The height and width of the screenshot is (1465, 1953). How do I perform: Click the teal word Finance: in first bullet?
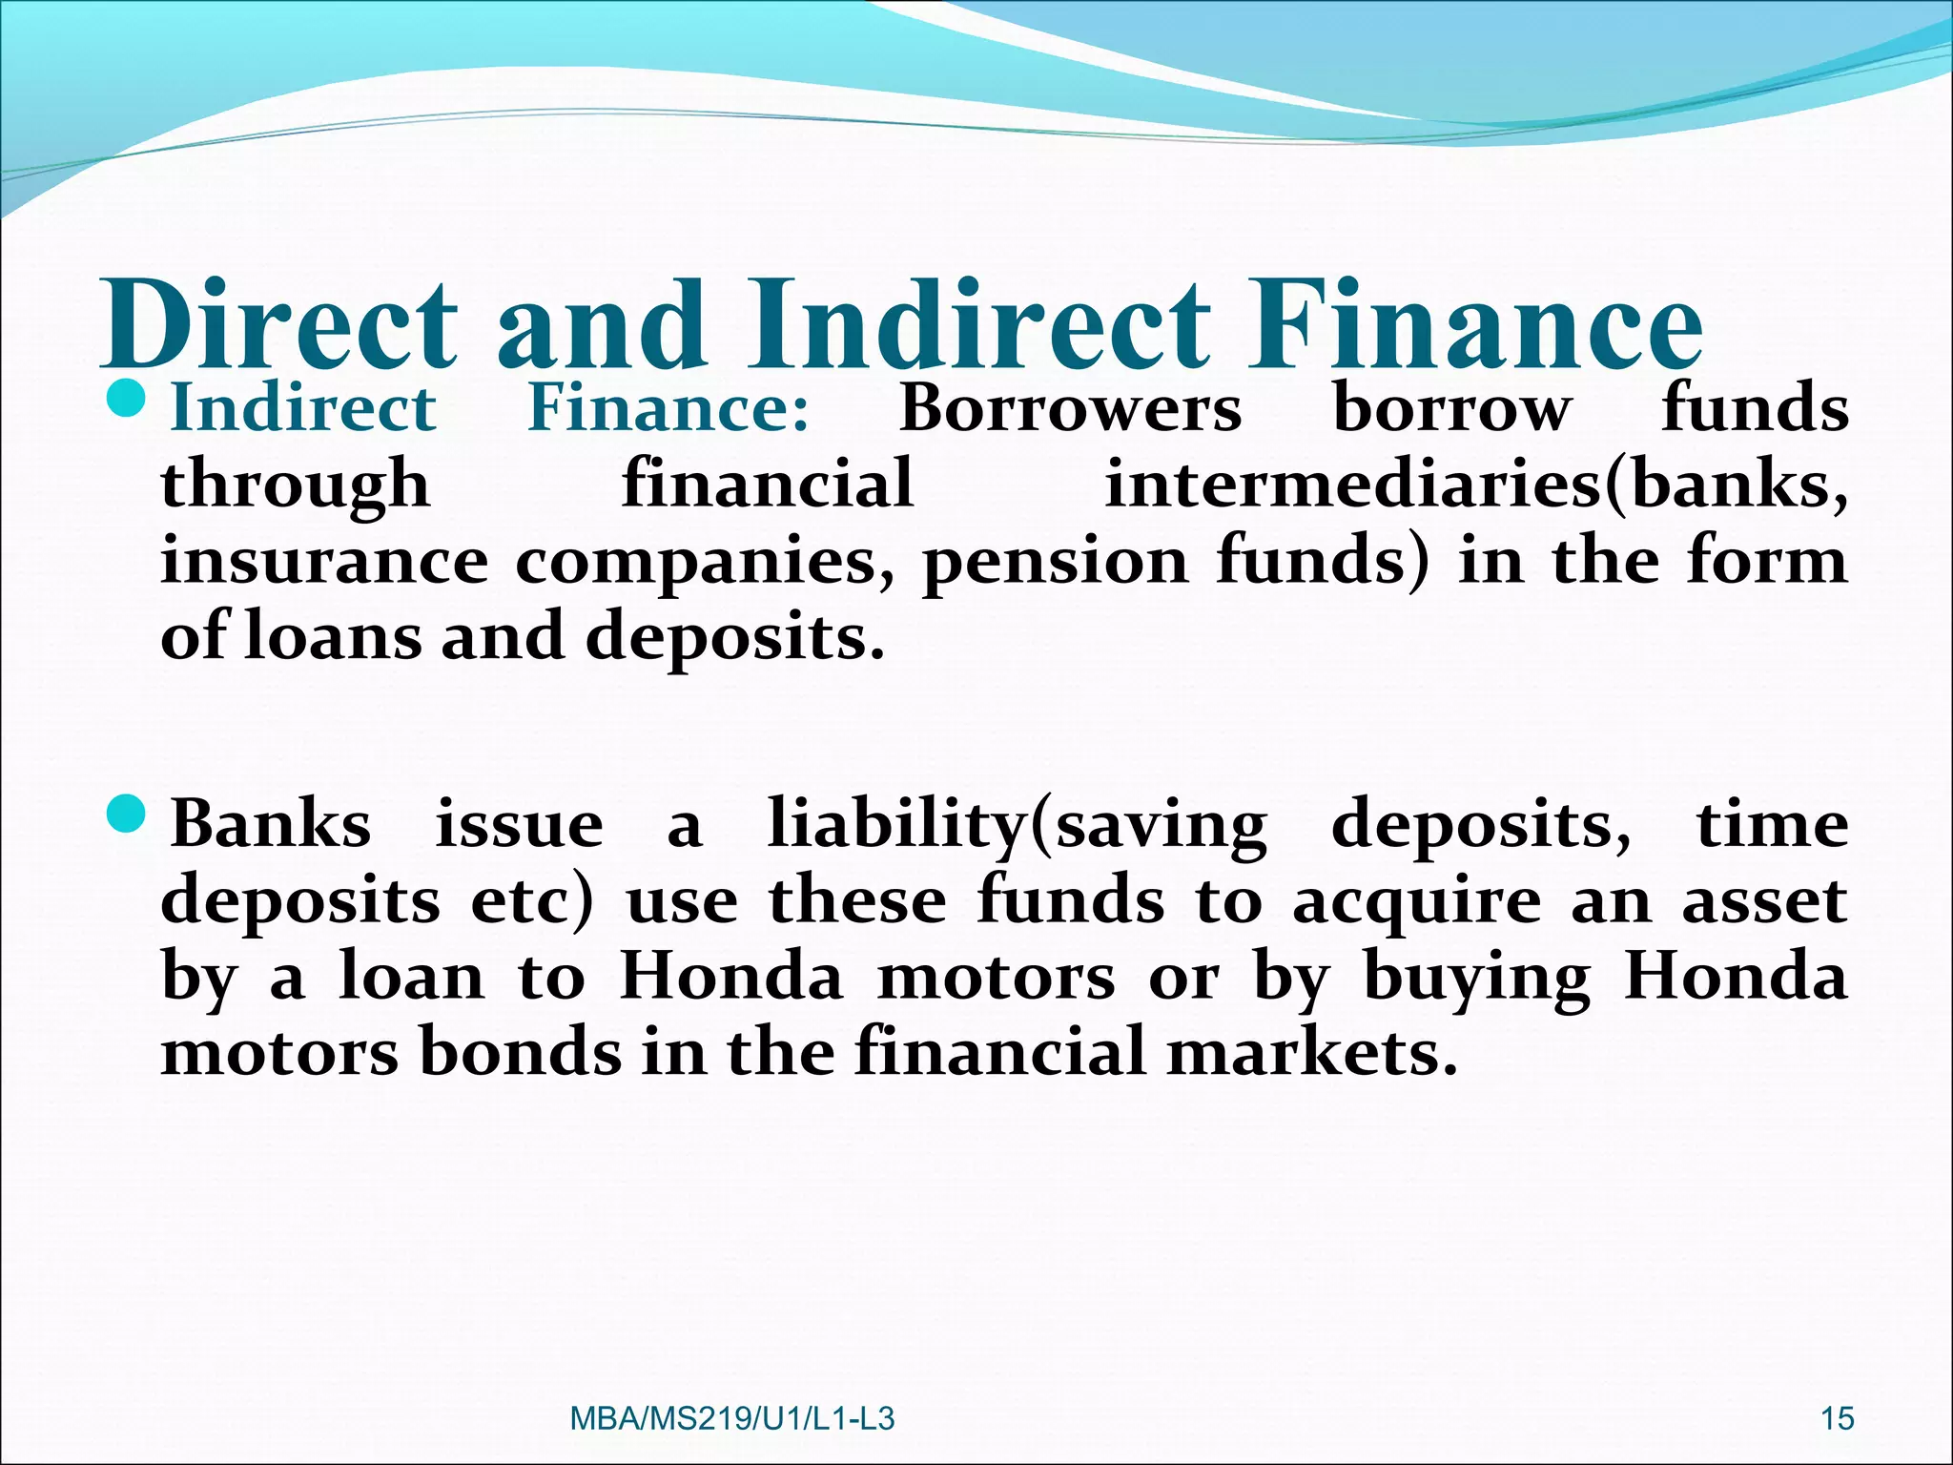668,408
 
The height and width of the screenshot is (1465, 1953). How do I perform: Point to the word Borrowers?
1070,408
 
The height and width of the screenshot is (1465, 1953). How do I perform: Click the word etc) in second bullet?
531,901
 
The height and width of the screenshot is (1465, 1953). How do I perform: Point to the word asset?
1764,901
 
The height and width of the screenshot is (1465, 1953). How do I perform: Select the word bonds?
521,1053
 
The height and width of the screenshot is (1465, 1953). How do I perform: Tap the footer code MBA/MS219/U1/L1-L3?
731,1419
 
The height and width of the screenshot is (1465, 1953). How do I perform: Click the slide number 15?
1837,1419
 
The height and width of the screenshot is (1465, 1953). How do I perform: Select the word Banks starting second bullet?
270,824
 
